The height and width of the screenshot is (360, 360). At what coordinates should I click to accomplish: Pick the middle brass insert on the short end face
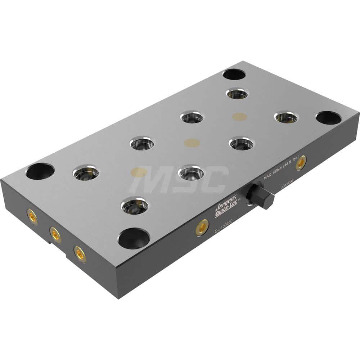click(x=55, y=235)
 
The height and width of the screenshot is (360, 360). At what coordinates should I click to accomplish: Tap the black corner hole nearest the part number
click(x=134, y=238)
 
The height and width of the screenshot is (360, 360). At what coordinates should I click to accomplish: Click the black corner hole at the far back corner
click(x=234, y=75)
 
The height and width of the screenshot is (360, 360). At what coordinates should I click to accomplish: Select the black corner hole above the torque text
click(x=328, y=118)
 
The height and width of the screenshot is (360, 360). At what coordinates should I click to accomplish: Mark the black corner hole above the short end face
click(x=40, y=171)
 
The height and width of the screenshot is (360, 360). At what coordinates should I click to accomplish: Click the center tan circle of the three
click(x=192, y=143)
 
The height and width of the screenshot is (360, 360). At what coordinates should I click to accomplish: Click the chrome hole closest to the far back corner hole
click(x=237, y=94)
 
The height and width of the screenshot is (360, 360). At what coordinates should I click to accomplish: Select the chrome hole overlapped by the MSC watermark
click(x=191, y=173)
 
